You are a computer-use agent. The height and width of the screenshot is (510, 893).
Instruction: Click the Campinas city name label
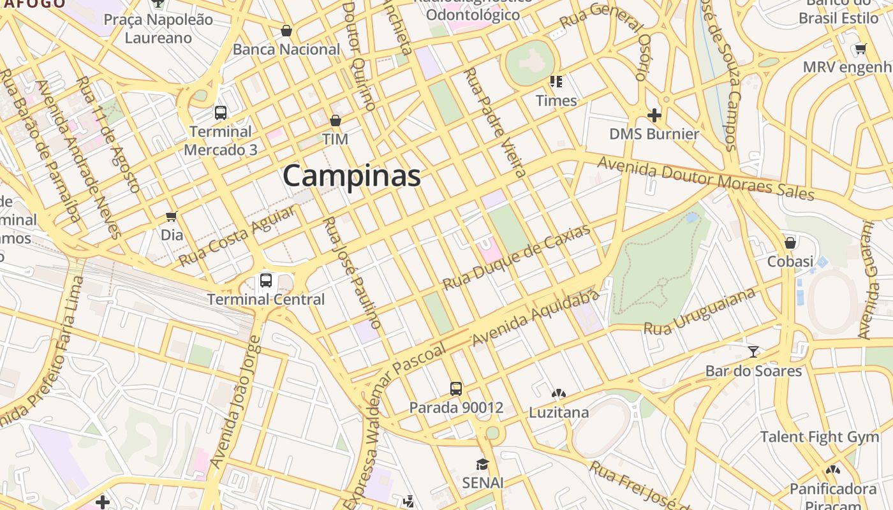pyautogui.click(x=351, y=175)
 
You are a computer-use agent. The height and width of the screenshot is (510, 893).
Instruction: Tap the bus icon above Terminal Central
pyautogui.click(x=266, y=280)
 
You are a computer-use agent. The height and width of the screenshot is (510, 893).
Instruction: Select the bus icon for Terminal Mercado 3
pyautogui.click(x=221, y=113)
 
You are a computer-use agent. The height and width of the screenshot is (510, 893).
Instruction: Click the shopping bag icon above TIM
pyautogui.click(x=335, y=120)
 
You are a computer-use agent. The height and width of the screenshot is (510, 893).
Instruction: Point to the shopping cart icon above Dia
pyautogui.click(x=171, y=216)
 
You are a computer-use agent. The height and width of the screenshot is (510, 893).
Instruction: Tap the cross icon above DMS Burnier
pyautogui.click(x=654, y=115)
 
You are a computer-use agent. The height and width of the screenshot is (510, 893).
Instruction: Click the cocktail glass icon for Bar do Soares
pyautogui.click(x=753, y=351)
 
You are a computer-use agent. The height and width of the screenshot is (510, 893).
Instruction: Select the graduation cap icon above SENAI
pyautogui.click(x=483, y=464)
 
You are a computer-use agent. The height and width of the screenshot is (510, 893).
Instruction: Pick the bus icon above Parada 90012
pyautogui.click(x=455, y=388)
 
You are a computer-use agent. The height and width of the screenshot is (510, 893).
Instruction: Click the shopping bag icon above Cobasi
pyautogui.click(x=790, y=242)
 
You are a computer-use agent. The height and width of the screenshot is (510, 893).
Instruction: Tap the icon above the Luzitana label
pyautogui.click(x=558, y=394)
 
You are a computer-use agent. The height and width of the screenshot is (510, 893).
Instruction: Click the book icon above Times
pyautogui.click(x=556, y=82)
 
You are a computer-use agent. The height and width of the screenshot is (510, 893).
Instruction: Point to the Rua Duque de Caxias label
pyautogui.click(x=517, y=257)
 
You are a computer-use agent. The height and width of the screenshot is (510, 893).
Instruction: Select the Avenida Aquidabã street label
pyautogui.click(x=536, y=317)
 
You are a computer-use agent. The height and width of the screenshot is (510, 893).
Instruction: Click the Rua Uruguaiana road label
pyautogui.click(x=700, y=311)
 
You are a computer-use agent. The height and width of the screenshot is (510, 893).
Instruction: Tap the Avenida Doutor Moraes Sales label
pyautogui.click(x=705, y=178)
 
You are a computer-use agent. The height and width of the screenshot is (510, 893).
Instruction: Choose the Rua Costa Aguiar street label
pyautogui.click(x=237, y=236)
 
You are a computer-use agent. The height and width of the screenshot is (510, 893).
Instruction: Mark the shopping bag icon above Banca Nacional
pyautogui.click(x=286, y=31)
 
